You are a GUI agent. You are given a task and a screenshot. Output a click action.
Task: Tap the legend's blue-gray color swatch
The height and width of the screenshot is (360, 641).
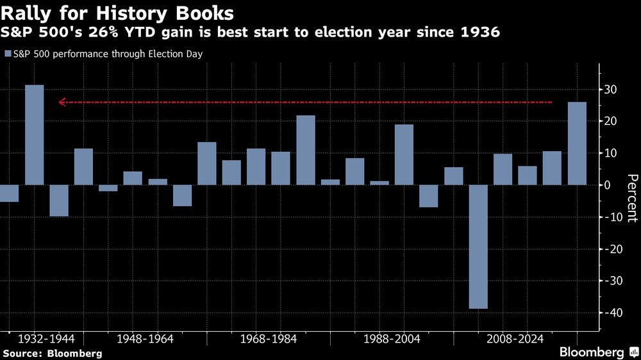(8, 54)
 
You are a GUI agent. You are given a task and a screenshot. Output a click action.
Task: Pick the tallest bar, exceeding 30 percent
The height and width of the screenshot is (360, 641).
(35, 135)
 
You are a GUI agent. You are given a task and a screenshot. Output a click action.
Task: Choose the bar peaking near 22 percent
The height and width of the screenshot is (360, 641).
(306, 150)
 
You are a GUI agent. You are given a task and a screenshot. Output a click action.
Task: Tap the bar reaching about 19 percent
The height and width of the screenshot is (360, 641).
(404, 154)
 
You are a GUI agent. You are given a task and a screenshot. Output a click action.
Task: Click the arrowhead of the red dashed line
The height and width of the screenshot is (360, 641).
(61, 102)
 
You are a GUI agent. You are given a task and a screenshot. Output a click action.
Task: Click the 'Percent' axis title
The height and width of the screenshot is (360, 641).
(631, 198)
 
